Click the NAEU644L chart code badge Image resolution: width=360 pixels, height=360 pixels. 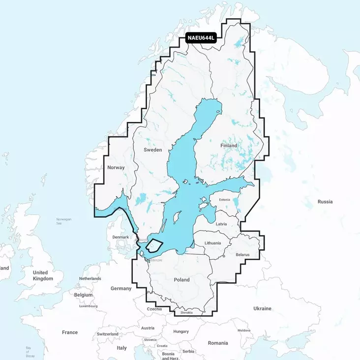(202, 38)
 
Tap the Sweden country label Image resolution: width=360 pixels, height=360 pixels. (152, 150)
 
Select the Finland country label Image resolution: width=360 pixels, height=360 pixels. (229, 146)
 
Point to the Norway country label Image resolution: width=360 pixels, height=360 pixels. (116, 168)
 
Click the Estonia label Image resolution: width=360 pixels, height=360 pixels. (224, 200)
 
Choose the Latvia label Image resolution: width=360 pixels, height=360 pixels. (221, 224)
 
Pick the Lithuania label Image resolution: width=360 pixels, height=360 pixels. (212, 243)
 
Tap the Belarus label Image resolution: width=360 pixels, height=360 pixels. (242, 255)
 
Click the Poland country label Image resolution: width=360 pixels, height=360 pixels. (181, 279)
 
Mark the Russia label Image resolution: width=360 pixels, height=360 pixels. (325, 202)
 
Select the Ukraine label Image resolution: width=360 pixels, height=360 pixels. (262, 308)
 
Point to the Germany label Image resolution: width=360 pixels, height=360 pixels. (121, 288)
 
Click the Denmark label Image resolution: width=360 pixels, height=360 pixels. (120, 237)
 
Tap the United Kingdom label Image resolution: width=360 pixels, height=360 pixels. (43, 275)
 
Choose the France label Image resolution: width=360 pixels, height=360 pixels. (70, 332)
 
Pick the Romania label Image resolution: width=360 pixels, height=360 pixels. (218, 343)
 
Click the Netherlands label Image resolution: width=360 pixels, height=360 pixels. (90, 278)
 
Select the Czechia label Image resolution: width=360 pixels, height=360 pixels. (154, 309)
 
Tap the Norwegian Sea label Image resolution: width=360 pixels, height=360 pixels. (64, 220)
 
